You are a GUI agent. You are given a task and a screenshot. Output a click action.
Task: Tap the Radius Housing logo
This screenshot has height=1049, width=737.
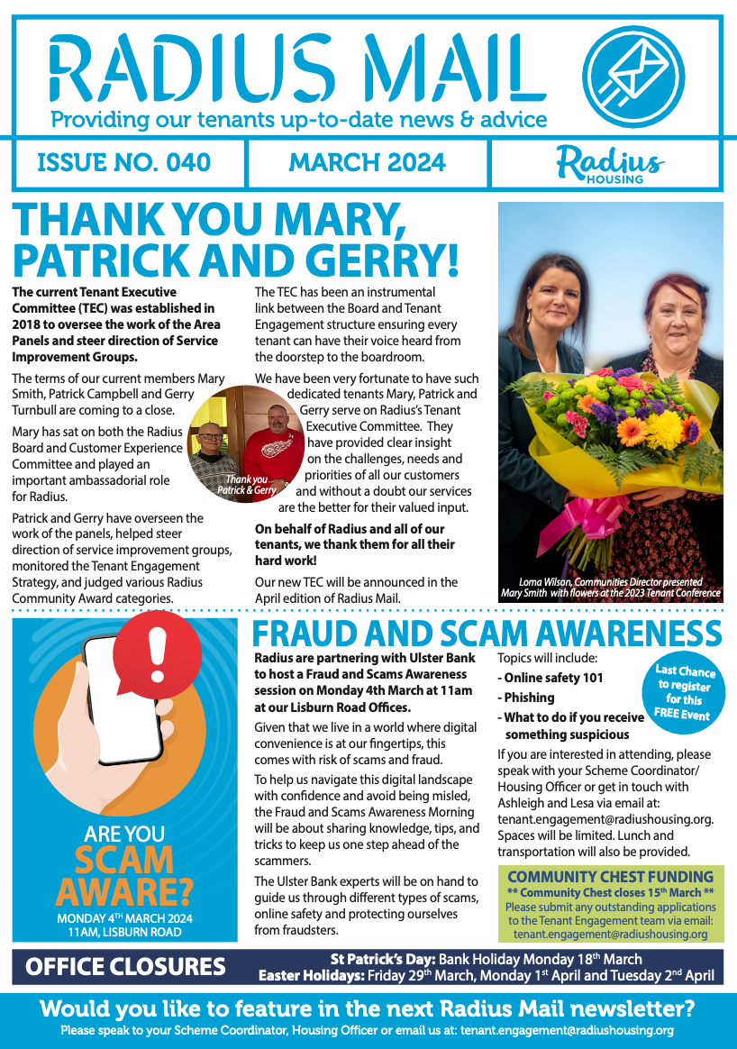click(x=611, y=164)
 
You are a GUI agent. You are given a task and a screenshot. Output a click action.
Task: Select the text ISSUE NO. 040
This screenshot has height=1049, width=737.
click(x=124, y=163)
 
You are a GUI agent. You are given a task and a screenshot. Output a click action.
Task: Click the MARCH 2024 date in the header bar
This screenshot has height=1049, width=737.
click(x=367, y=163)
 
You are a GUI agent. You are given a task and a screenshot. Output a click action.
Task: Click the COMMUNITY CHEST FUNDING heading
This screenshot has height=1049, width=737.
click(x=610, y=876)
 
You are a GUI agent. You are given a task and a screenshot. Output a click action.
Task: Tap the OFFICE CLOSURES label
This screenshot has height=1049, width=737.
click(x=125, y=967)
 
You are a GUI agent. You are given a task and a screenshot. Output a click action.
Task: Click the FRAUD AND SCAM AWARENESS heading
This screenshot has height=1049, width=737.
click(x=487, y=634)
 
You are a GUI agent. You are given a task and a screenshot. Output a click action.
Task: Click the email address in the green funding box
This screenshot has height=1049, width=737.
click(x=610, y=935)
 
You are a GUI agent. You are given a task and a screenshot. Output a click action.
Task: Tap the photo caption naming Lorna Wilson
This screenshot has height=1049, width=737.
click(x=610, y=588)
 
